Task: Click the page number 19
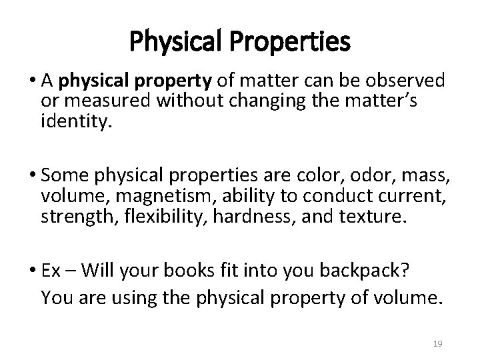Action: (x=438, y=343)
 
